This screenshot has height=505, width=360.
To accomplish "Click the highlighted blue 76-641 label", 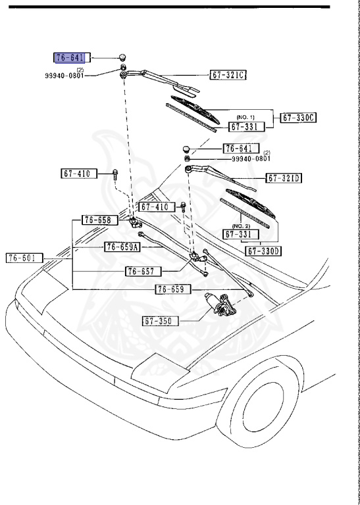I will point(72,57).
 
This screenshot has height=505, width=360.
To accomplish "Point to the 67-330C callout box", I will point(299,118).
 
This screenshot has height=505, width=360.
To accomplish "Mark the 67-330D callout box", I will point(263,251).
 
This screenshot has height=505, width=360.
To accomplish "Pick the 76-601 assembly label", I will point(24,258).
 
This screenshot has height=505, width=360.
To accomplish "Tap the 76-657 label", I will point(143,271).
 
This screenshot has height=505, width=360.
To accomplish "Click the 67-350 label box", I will point(160,322).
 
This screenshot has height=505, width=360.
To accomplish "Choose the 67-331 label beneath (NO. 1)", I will point(247,126).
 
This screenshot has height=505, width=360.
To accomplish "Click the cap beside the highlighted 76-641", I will point(123,57).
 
